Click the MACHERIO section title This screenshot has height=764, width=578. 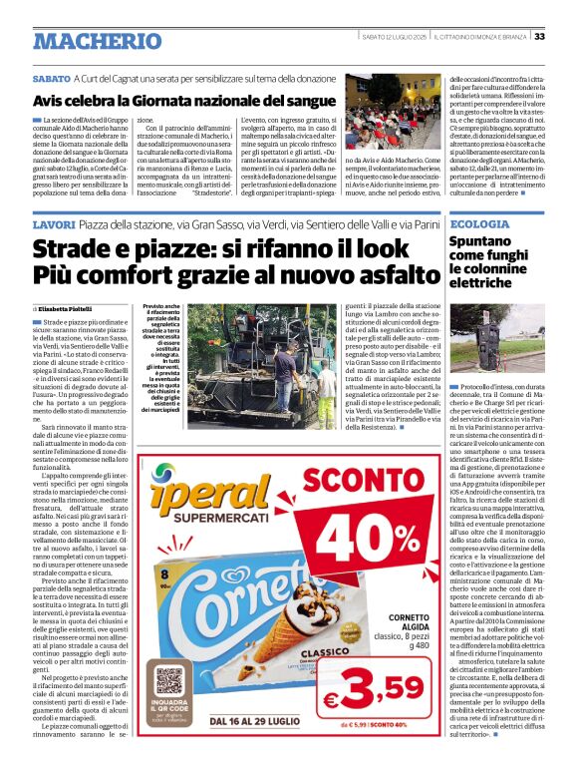coord(97,41)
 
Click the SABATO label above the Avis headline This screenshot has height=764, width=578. coord(51,78)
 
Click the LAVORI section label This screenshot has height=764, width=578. coord(56,227)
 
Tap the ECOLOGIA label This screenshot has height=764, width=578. coord(479,225)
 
